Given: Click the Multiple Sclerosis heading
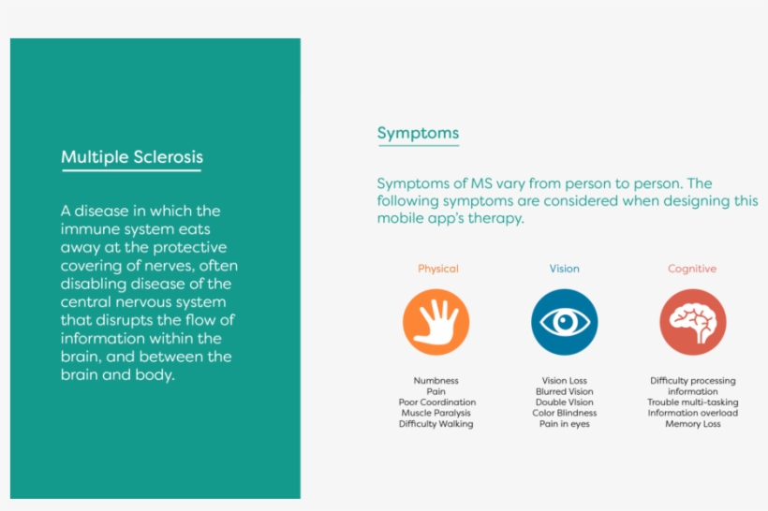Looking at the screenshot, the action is pyautogui.click(x=132, y=157).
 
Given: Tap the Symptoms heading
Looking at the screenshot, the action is pyautogui.click(x=418, y=133).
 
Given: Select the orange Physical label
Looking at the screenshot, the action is pyautogui.click(x=438, y=269).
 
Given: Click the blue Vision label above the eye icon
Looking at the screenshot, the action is pyautogui.click(x=564, y=269).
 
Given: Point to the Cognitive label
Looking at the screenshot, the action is pyautogui.click(x=692, y=269).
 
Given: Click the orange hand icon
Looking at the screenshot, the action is pyautogui.click(x=436, y=322).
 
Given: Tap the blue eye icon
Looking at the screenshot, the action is pyautogui.click(x=564, y=322).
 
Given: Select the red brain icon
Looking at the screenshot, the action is pyautogui.click(x=692, y=322).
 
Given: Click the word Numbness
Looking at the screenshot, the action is pyautogui.click(x=436, y=380).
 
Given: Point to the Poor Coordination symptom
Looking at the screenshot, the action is pyautogui.click(x=436, y=401).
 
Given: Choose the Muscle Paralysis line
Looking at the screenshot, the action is pyautogui.click(x=436, y=413).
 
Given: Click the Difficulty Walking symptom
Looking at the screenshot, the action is pyautogui.click(x=436, y=424).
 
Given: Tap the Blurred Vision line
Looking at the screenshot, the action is pyautogui.click(x=564, y=391).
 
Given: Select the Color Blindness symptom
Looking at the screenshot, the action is pyautogui.click(x=564, y=413).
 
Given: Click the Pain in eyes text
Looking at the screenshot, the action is pyautogui.click(x=564, y=424).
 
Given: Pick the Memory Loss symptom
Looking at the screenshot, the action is pyautogui.click(x=692, y=424).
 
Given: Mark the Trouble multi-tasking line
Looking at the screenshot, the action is pyautogui.click(x=692, y=402).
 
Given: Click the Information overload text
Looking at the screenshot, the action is pyautogui.click(x=692, y=413).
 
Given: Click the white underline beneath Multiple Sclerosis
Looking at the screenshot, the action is pyautogui.click(x=132, y=170).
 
